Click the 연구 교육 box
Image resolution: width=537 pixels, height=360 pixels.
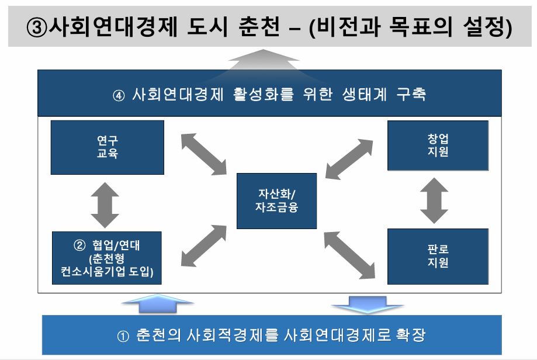pos(107,147)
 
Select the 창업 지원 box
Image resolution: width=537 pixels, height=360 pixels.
pos(438,146)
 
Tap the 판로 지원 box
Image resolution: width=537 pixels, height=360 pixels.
pos(438,256)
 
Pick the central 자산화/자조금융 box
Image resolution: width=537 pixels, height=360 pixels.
pos(277,200)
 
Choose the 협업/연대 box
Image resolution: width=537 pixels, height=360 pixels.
pos(107,258)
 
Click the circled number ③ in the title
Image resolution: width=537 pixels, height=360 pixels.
pos(36,27)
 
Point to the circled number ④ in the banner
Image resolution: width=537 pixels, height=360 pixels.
pos(119,95)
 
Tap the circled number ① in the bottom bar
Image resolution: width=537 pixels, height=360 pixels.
pos(123,336)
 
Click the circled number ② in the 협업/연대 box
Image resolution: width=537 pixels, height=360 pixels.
pos(79,245)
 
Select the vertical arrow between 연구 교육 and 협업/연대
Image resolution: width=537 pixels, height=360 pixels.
pos(105,205)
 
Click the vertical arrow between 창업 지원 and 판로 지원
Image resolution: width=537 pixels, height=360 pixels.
pos(434,200)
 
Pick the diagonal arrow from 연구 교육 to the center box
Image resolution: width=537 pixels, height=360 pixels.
pos(204,154)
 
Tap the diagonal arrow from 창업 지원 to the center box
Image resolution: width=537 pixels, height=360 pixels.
pos(349,159)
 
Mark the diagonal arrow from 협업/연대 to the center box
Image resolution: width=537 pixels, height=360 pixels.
pos(204,245)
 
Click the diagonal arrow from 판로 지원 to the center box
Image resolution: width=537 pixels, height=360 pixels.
pos(349,255)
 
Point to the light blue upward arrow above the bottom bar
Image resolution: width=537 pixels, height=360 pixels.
pos(158,303)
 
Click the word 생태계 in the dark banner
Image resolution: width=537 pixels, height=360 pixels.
pos(365,95)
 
